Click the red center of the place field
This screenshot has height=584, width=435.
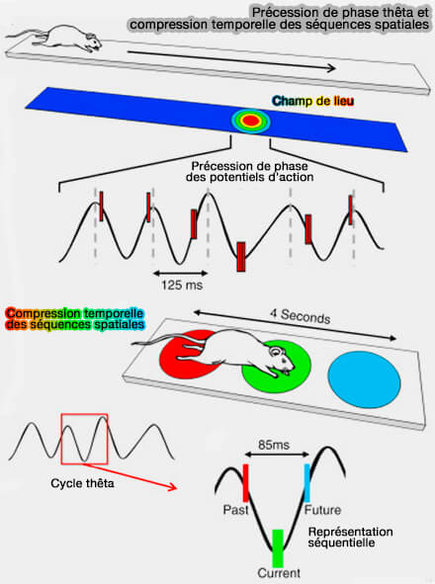click(x=250, y=121)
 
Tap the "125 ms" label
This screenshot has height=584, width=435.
click(x=182, y=285)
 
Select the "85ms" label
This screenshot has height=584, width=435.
click(x=274, y=445)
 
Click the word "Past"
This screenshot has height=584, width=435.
click(x=235, y=509)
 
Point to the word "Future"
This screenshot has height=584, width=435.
click(x=323, y=510)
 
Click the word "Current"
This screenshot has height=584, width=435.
click(x=279, y=573)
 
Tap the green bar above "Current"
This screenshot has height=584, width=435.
click(x=278, y=547)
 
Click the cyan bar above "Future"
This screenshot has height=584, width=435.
click(x=307, y=482)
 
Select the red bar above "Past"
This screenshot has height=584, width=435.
click(x=245, y=482)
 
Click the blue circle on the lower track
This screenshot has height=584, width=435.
click(x=364, y=380)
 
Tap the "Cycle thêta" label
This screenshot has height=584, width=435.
click(x=82, y=483)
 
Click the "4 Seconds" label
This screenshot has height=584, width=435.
click(x=301, y=316)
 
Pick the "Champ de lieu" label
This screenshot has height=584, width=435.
click(x=312, y=101)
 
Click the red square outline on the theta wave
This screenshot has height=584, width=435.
click(x=61, y=439)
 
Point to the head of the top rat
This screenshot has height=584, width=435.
click(x=93, y=41)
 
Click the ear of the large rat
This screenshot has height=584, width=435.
click(x=276, y=351)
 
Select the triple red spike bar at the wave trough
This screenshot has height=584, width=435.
click(x=241, y=257)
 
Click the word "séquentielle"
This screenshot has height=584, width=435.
click(x=341, y=542)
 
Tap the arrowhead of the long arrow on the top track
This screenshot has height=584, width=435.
click(x=332, y=68)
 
